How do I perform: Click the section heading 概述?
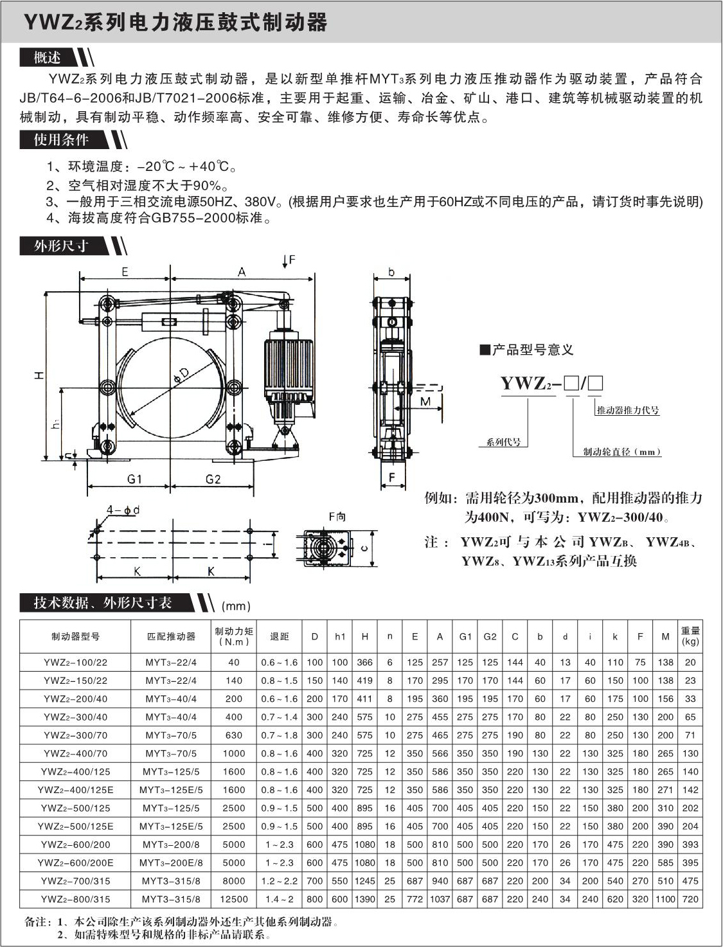click(47, 58)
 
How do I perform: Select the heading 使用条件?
click(61, 139)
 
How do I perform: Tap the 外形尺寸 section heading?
click(61, 246)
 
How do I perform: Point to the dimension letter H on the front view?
click(39, 374)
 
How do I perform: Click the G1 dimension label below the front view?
click(134, 479)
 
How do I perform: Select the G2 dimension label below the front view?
click(213, 479)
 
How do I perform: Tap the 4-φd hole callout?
click(123, 510)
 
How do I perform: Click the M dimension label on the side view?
click(425, 402)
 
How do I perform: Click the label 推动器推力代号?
click(627, 410)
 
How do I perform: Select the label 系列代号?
click(503, 442)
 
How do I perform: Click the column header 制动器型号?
click(75, 636)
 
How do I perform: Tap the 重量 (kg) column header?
click(690, 636)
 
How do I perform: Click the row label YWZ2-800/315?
click(75, 899)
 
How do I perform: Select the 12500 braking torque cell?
click(234, 899)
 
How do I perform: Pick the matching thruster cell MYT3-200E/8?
click(172, 863)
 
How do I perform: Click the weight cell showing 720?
click(690, 899)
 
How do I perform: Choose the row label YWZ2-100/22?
click(75, 662)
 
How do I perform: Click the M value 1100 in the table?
click(665, 899)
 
